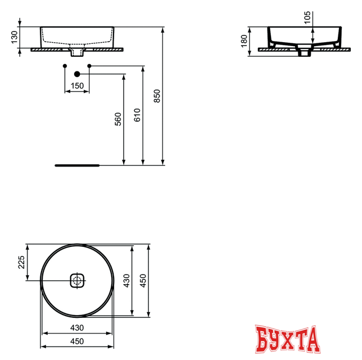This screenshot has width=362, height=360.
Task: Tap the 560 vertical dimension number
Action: point(118,119)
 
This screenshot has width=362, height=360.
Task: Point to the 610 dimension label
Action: point(138,115)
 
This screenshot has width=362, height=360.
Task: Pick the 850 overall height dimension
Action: point(157,96)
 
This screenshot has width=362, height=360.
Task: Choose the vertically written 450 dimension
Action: point(143,280)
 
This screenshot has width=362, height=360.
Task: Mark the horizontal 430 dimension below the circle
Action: point(76,327)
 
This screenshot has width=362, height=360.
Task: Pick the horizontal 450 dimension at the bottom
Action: point(76,341)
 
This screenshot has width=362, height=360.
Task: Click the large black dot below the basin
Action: point(77,74)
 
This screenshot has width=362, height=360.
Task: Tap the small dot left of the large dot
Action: point(65,67)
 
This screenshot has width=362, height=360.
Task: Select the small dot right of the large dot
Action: point(89,67)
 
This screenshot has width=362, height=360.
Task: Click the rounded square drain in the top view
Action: point(77,280)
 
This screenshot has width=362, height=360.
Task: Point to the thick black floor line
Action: point(77,165)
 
